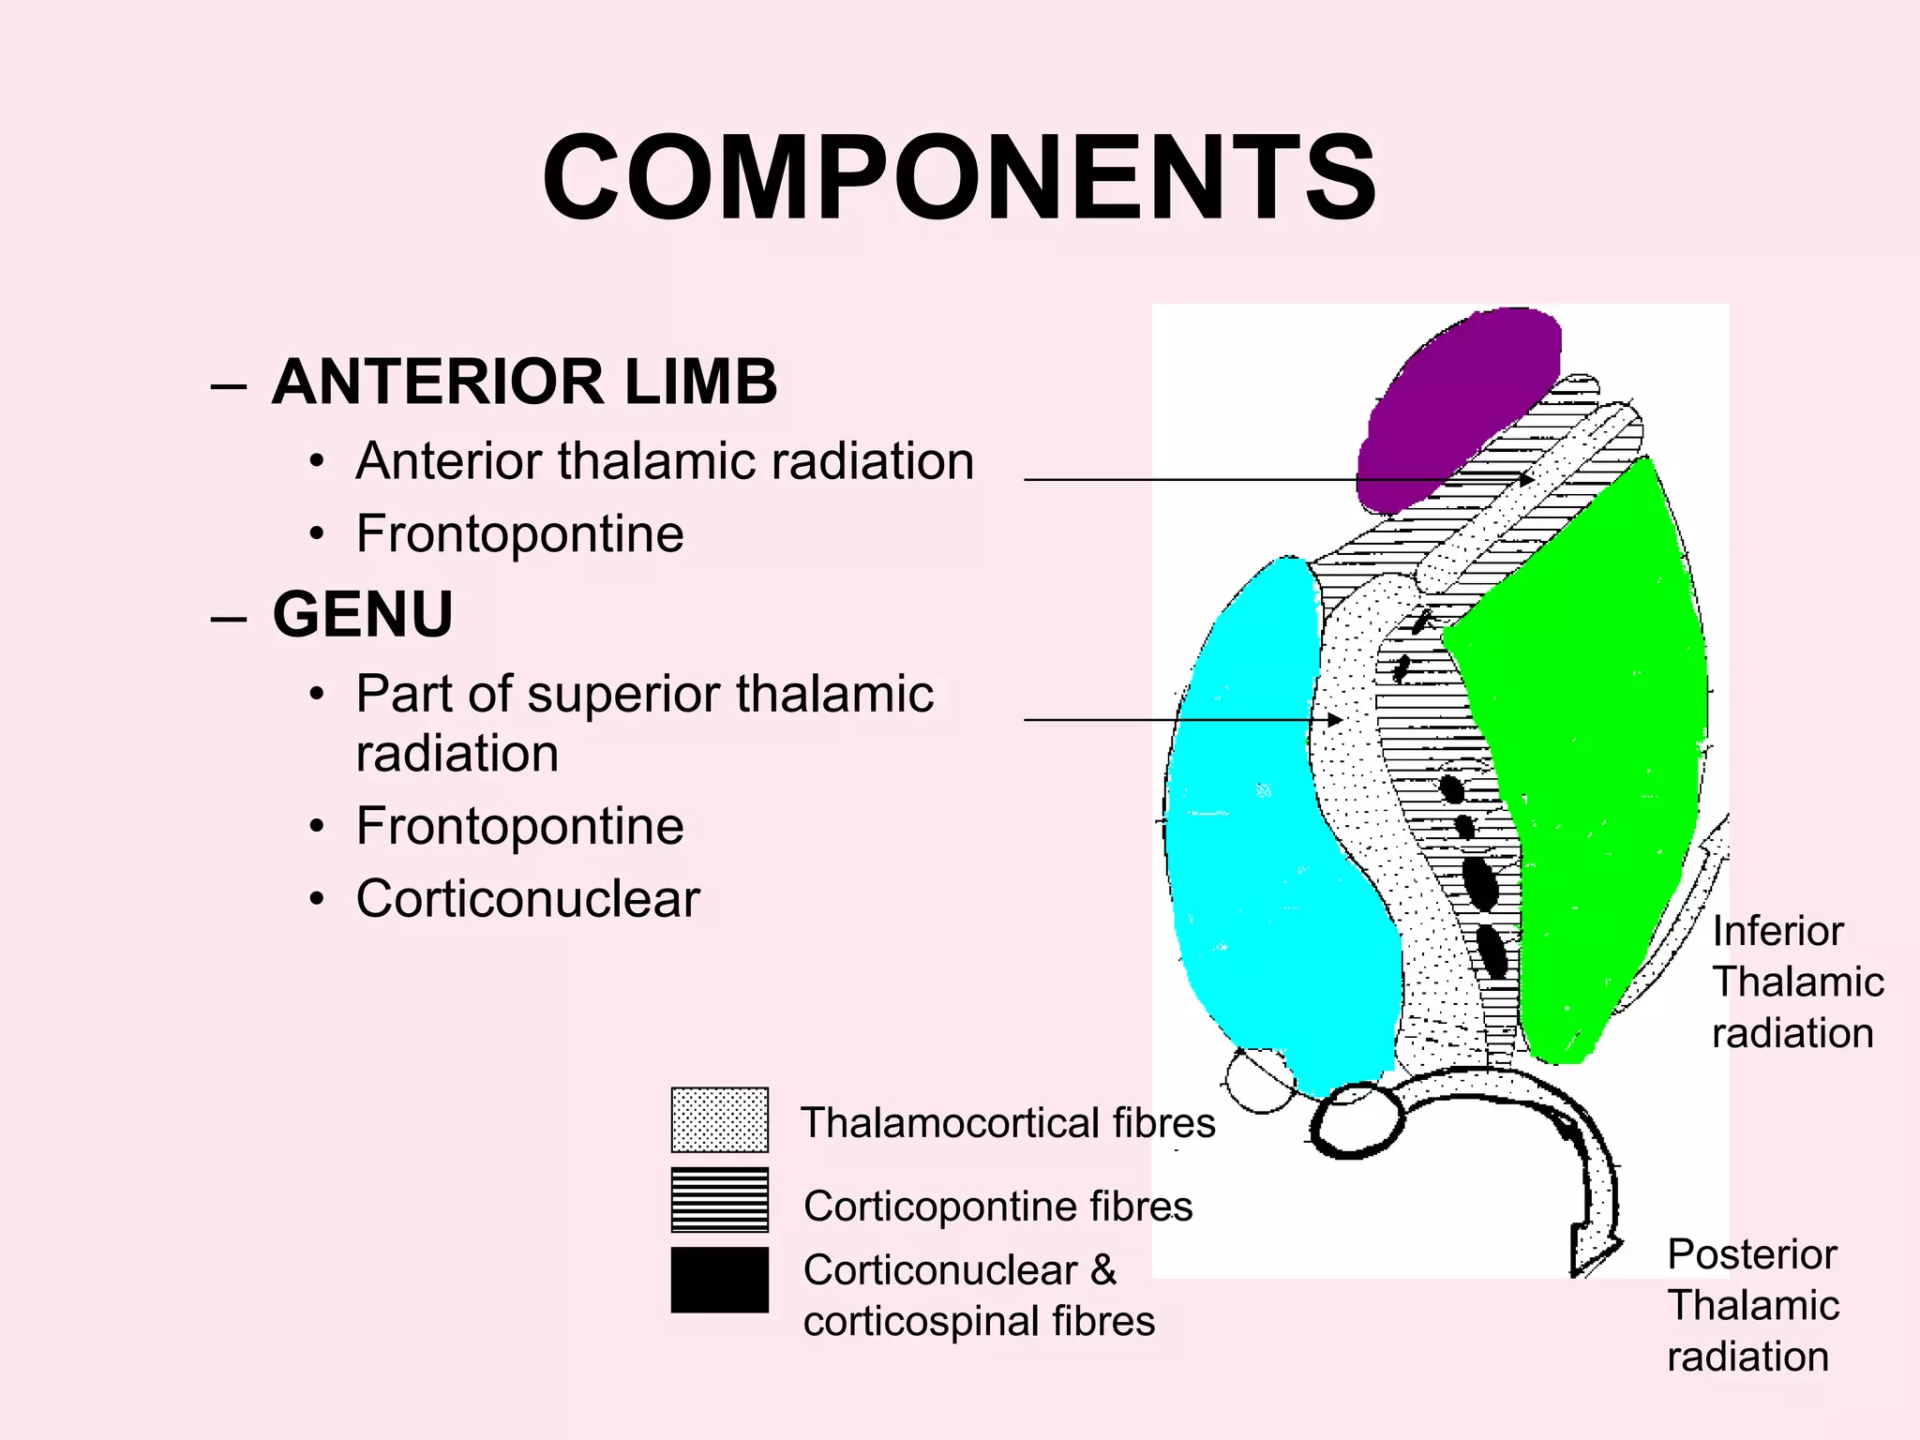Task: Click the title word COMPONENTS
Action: pos(959,178)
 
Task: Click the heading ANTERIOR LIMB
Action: pos(524,382)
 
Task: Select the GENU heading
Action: pos(363,615)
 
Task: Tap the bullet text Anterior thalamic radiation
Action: pos(665,461)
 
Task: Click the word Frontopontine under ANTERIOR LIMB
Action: pos(519,534)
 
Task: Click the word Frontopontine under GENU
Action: pos(519,827)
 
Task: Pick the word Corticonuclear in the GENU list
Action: pos(528,899)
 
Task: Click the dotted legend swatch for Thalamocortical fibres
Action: pos(719,1120)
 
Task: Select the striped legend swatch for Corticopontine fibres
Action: pos(719,1200)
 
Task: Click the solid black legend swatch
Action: pos(719,1280)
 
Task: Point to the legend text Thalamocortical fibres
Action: pos(1008,1123)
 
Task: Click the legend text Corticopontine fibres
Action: pos(997,1207)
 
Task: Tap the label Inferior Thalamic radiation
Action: pos(1795,982)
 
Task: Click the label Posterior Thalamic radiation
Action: pos(1751,1305)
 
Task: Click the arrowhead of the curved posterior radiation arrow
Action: pos(1594,1252)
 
